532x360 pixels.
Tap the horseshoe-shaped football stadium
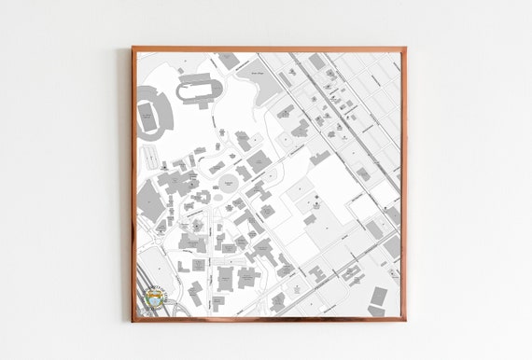pos(149,117)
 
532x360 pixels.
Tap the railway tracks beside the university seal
pos(143,280)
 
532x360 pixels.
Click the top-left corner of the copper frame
pos(133,48)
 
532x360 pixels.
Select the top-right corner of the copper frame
pos(403,48)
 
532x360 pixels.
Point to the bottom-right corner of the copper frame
pos(403,320)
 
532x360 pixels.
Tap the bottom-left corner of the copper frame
pos(133,320)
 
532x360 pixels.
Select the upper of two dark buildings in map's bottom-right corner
pos(379,296)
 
